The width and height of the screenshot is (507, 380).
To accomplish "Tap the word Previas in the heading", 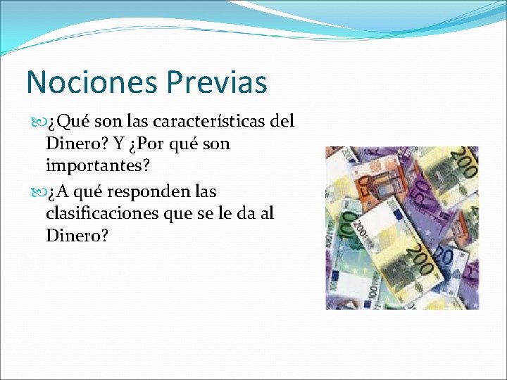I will (x=218, y=82).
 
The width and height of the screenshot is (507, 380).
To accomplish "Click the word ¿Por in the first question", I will (x=148, y=144).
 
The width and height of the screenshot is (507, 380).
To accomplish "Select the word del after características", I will (x=282, y=122).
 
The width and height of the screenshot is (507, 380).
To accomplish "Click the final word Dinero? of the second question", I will (x=77, y=236).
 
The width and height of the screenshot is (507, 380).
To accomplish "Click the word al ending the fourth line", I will (x=266, y=213).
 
